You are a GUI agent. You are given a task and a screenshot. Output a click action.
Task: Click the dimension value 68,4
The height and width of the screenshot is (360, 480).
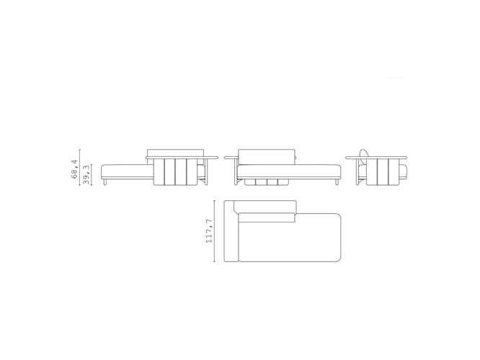click(75, 169)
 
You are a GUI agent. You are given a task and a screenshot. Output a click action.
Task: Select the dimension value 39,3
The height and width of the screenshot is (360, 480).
click(87, 176)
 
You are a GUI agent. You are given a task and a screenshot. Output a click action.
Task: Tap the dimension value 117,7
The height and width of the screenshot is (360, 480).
click(209, 230)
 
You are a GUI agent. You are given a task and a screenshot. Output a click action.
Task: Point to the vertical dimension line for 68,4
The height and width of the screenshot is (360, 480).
click(80, 168)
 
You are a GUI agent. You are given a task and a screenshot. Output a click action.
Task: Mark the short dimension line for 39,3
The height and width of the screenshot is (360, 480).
click(92, 176)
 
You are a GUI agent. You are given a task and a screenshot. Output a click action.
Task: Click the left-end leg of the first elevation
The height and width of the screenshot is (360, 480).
click(106, 184)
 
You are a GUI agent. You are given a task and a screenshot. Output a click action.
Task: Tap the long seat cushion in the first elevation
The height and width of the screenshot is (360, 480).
click(127, 171)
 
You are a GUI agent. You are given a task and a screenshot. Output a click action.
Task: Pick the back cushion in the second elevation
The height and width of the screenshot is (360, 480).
click(267, 156)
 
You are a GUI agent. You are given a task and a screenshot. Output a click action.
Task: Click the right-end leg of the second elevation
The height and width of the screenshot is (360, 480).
click(336, 183)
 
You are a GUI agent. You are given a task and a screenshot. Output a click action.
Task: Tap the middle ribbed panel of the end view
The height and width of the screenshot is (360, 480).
click(383, 173)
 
